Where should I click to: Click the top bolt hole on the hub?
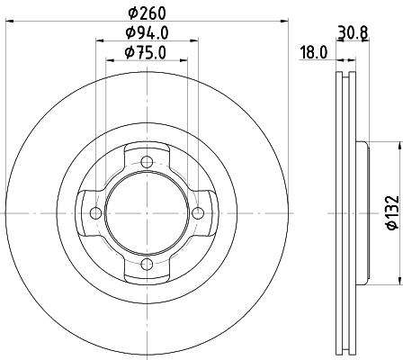[x=146, y=161]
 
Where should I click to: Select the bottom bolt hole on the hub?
[x=146, y=263]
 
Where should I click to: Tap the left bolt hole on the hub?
[x=95, y=212]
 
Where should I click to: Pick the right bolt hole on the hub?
[x=196, y=212]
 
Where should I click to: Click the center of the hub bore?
[x=146, y=212]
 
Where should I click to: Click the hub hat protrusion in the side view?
[x=362, y=212]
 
